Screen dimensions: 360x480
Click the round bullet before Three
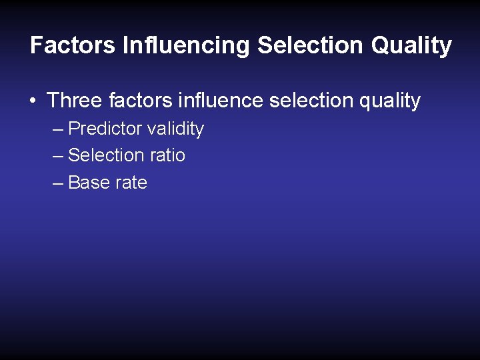(x=32, y=101)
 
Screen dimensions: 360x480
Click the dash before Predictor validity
(x=57, y=129)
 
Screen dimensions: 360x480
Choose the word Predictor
(x=105, y=128)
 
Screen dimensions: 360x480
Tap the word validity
(x=175, y=129)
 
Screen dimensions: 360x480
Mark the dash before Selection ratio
(x=57, y=156)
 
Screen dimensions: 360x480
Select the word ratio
(x=167, y=155)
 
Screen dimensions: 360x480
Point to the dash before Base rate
(x=57, y=183)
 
